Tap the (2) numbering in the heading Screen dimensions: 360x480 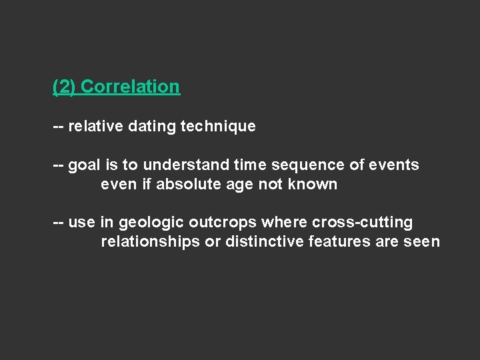[x=65, y=87]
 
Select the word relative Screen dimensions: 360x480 [x=95, y=125]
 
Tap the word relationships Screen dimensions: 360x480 [x=150, y=241]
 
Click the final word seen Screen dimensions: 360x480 [x=421, y=241]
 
